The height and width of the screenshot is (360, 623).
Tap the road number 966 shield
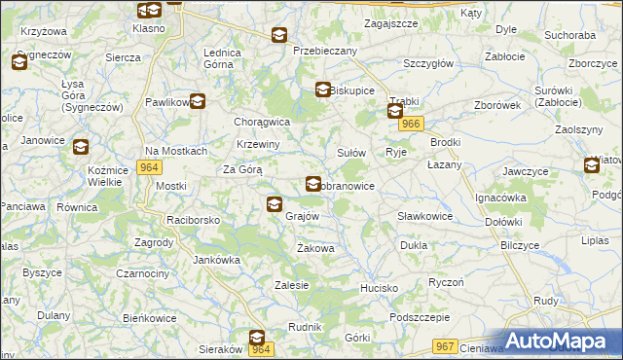coord(412,124)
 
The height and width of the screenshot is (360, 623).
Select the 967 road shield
coord(446,347)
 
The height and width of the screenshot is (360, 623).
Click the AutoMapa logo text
coord(565,342)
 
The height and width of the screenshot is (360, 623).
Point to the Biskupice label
coord(352,90)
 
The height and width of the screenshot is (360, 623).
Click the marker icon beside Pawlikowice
coord(198,101)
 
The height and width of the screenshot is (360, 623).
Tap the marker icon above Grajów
coord(275,204)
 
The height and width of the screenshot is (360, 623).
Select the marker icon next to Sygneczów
coord(19,63)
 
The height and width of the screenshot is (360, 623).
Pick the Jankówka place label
coord(216,260)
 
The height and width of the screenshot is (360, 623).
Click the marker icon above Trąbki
coord(395,112)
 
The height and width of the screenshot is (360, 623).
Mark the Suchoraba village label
coord(569,35)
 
